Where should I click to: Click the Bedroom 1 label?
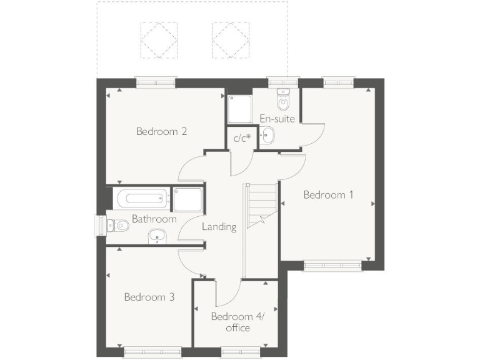[x=328, y=195]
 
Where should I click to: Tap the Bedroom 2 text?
[x=162, y=132]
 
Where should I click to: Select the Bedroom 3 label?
[x=149, y=297]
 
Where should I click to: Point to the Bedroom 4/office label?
[x=238, y=322]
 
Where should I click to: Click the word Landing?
[x=219, y=227]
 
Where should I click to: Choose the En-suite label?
[x=277, y=118]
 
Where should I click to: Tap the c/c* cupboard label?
[x=241, y=138]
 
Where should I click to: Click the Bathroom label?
[x=154, y=219]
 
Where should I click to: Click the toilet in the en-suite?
[x=283, y=100]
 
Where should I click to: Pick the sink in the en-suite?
[x=268, y=136]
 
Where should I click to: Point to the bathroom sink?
[x=157, y=236]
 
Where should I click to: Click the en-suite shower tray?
[x=239, y=109]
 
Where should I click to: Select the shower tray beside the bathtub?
[x=188, y=199]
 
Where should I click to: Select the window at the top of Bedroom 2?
[x=156, y=82]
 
